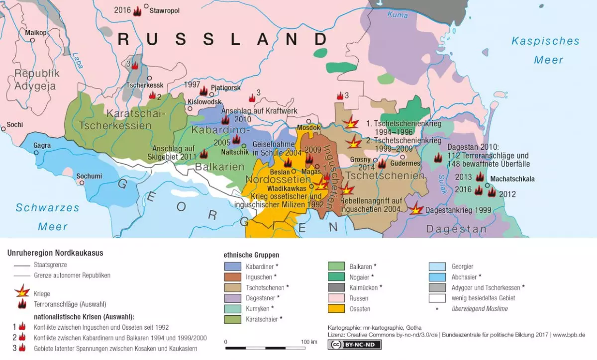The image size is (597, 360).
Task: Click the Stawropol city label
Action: tap(165, 10)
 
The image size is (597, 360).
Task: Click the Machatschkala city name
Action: tap(512, 179)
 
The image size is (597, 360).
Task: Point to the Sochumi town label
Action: tap(89, 176)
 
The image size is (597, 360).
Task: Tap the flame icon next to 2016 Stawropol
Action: tap(137, 11)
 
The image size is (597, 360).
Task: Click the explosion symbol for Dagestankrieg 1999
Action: tap(415, 210)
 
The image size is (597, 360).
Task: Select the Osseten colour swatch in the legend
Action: tap(336, 309)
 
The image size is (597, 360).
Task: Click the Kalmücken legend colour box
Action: tap(336, 287)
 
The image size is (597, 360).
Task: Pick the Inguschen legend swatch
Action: tap(232, 277)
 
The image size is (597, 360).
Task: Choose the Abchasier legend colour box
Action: tap(437, 276)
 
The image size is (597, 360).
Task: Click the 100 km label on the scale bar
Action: tap(309, 342)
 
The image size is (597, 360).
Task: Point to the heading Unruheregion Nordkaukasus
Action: tap(55, 253)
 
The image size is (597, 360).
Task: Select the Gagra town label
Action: tap(42, 146)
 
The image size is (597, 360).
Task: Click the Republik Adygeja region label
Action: tap(37, 80)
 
